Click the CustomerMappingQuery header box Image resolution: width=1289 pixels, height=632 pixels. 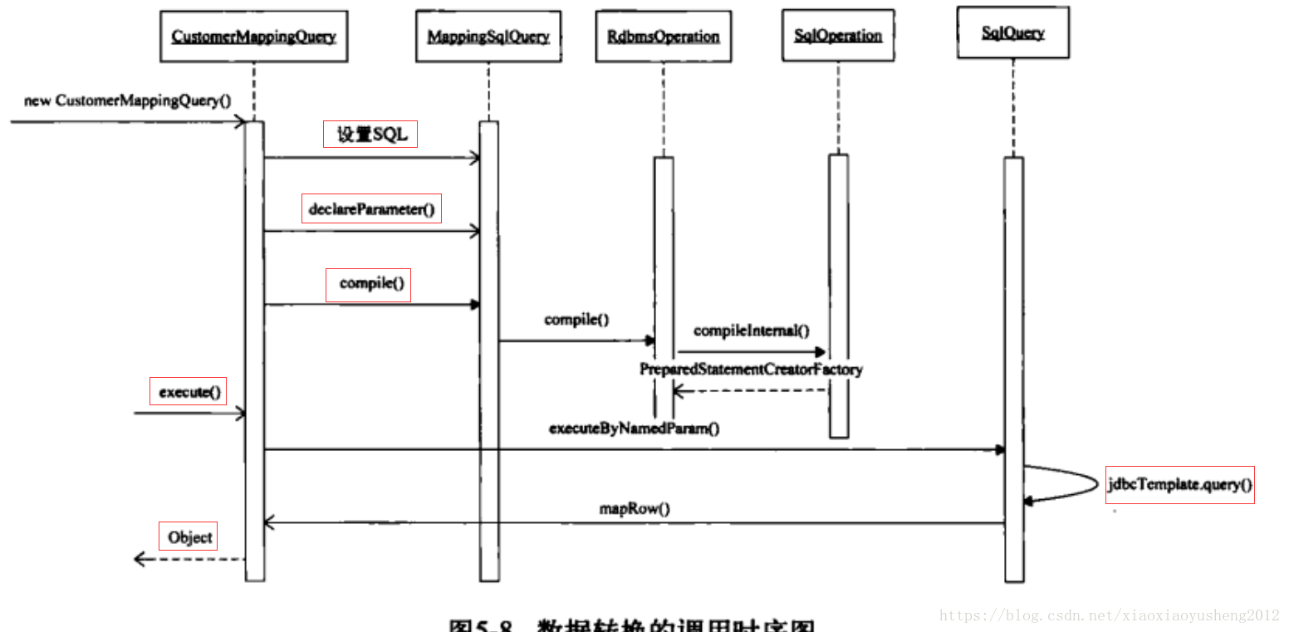pos(253,37)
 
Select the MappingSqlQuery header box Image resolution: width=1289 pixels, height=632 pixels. pos(488,37)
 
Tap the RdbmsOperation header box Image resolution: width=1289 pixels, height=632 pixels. pos(663,37)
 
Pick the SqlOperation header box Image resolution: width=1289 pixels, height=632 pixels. pos(837,36)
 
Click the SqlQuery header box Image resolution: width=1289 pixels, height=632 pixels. pos(1012,33)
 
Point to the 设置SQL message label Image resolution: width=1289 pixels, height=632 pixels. pos(370,135)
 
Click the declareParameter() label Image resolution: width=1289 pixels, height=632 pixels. pos(371,209)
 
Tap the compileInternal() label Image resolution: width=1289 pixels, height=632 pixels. pos(751,331)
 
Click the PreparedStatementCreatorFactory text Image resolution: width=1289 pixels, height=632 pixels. pos(751,369)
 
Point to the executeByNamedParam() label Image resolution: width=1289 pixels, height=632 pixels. pos(634,429)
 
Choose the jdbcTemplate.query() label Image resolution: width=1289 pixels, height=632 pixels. pos(1179,484)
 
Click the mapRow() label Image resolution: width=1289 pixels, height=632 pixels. pos(634,509)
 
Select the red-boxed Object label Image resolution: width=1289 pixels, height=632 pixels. pos(189,537)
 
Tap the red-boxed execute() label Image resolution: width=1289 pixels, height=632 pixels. pos(189,392)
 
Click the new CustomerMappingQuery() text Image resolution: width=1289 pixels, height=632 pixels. pos(127,101)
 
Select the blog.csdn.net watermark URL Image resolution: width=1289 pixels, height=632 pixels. pos(1110,615)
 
